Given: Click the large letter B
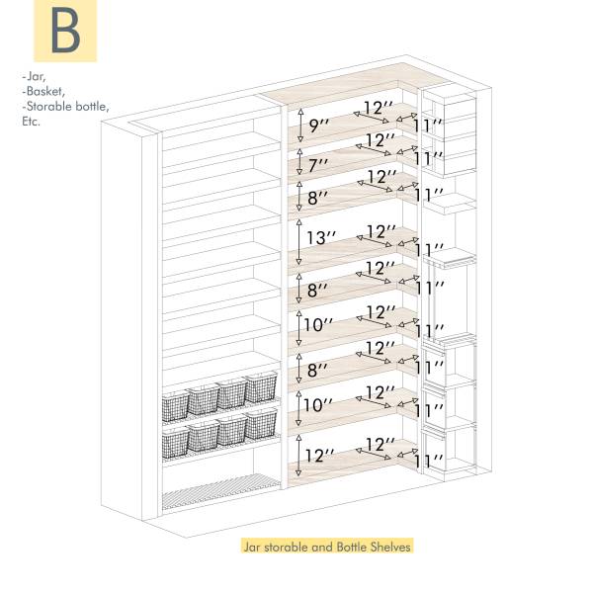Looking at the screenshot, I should [x=65, y=32].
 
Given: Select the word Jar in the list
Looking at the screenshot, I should [x=34, y=75].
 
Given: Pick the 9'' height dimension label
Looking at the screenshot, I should [x=319, y=126].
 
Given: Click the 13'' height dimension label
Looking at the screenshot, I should [x=322, y=238].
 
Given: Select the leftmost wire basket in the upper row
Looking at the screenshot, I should [x=176, y=405].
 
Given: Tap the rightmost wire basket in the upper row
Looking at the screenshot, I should [x=261, y=387].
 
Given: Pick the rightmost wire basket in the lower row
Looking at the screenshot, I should [x=261, y=422].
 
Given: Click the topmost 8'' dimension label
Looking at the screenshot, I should [x=318, y=198].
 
